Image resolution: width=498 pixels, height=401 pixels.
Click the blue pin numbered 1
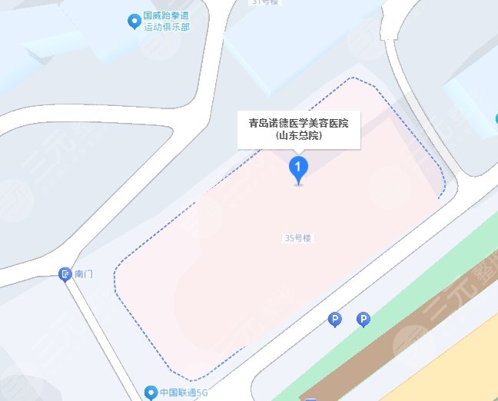point(298,167)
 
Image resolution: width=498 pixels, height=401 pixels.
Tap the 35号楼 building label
point(297,239)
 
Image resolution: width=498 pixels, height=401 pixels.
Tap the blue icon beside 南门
point(66,274)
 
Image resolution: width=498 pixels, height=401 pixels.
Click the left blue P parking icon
point(334,318)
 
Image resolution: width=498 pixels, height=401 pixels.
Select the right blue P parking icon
point(364,318)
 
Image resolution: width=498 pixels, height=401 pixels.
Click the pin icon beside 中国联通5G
point(152,392)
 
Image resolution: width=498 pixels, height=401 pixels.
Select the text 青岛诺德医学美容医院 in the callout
point(298,123)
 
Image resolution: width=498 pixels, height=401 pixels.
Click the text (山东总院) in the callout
point(298,135)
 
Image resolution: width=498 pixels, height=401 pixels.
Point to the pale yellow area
point(469,361)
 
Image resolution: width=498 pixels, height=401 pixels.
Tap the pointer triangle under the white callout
point(298,151)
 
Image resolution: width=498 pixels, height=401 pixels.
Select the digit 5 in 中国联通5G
point(198,393)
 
